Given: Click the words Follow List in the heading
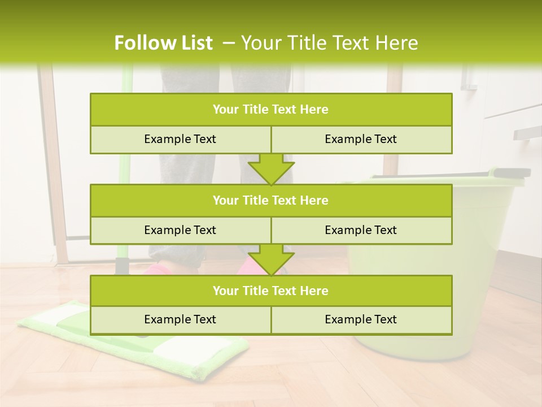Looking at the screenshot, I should click(x=163, y=43).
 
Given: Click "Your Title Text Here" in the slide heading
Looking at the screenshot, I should click(x=329, y=43).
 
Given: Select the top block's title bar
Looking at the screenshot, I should click(x=271, y=110).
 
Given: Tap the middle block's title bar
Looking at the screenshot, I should click(x=271, y=200).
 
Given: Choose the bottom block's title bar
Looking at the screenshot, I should click(x=271, y=291).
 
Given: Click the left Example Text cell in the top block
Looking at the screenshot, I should click(x=180, y=139).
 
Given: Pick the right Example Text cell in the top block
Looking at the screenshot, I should click(x=361, y=139).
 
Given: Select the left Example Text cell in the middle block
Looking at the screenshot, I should click(x=180, y=230).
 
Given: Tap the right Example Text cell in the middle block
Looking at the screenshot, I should click(x=361, y=230).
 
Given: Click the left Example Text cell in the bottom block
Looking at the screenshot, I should click(x=180, y=319).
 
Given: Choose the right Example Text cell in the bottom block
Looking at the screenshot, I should click(x=361, y=319).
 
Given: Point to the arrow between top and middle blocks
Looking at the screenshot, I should click(x=271, y=169).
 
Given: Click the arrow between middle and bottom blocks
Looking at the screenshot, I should click(x=271, y=259).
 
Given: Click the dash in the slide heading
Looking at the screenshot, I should click(x=229, y=43).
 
